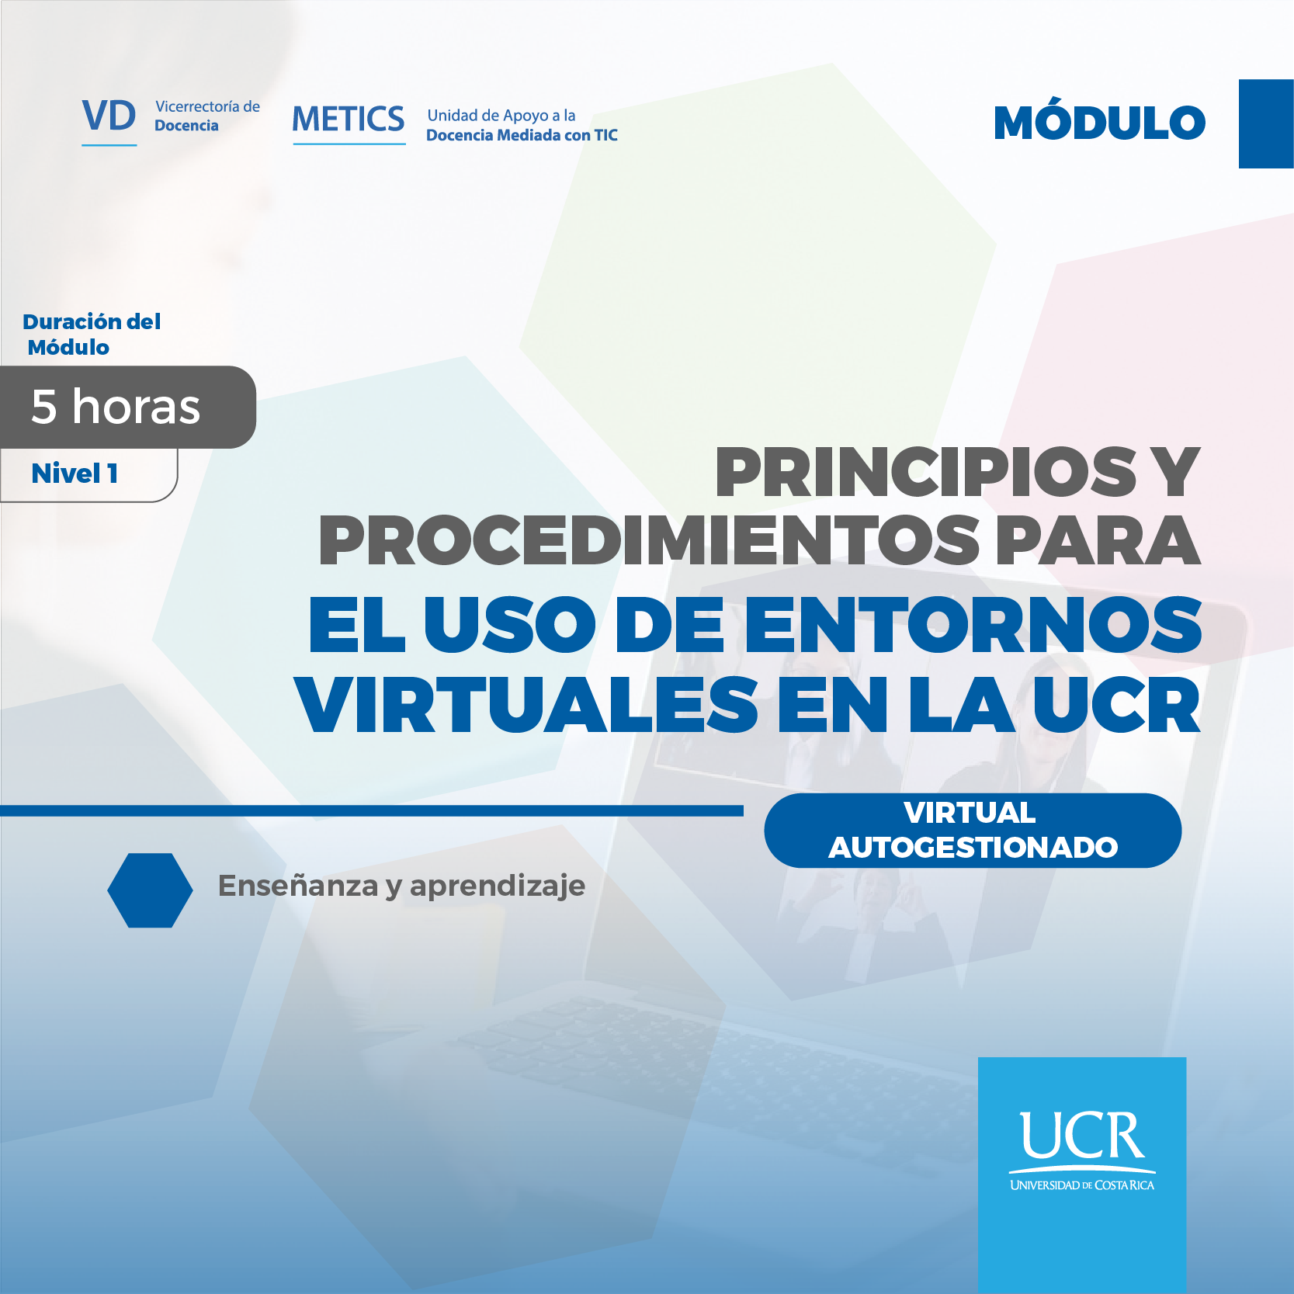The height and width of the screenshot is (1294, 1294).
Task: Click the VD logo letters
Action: (109, 116)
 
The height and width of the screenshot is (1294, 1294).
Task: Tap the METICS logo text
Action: (349, 120)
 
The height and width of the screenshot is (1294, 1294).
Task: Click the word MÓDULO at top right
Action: (1099, 123)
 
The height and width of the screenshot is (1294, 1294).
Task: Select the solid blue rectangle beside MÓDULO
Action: (1265, 123)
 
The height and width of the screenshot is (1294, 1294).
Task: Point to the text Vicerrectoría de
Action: (207, 106)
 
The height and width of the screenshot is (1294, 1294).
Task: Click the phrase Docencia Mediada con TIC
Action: (522, 136)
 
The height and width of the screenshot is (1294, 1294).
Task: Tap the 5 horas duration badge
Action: (116, 407)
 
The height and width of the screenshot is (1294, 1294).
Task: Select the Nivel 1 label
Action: (75, 474)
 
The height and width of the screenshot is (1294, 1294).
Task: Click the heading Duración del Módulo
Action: (92, 335)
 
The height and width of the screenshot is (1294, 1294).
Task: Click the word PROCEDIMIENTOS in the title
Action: (649, 541)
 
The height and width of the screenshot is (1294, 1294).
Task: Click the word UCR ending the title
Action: (1115, 706)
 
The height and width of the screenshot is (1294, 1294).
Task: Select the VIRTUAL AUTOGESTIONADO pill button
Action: (973, 831)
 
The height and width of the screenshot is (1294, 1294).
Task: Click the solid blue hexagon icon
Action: (150, 890)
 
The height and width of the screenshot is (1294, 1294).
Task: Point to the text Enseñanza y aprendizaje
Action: (401, 886)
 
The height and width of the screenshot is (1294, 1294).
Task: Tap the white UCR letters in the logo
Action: (1082, 1136)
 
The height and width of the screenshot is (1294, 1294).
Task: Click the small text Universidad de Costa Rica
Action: (1082, 1185)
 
